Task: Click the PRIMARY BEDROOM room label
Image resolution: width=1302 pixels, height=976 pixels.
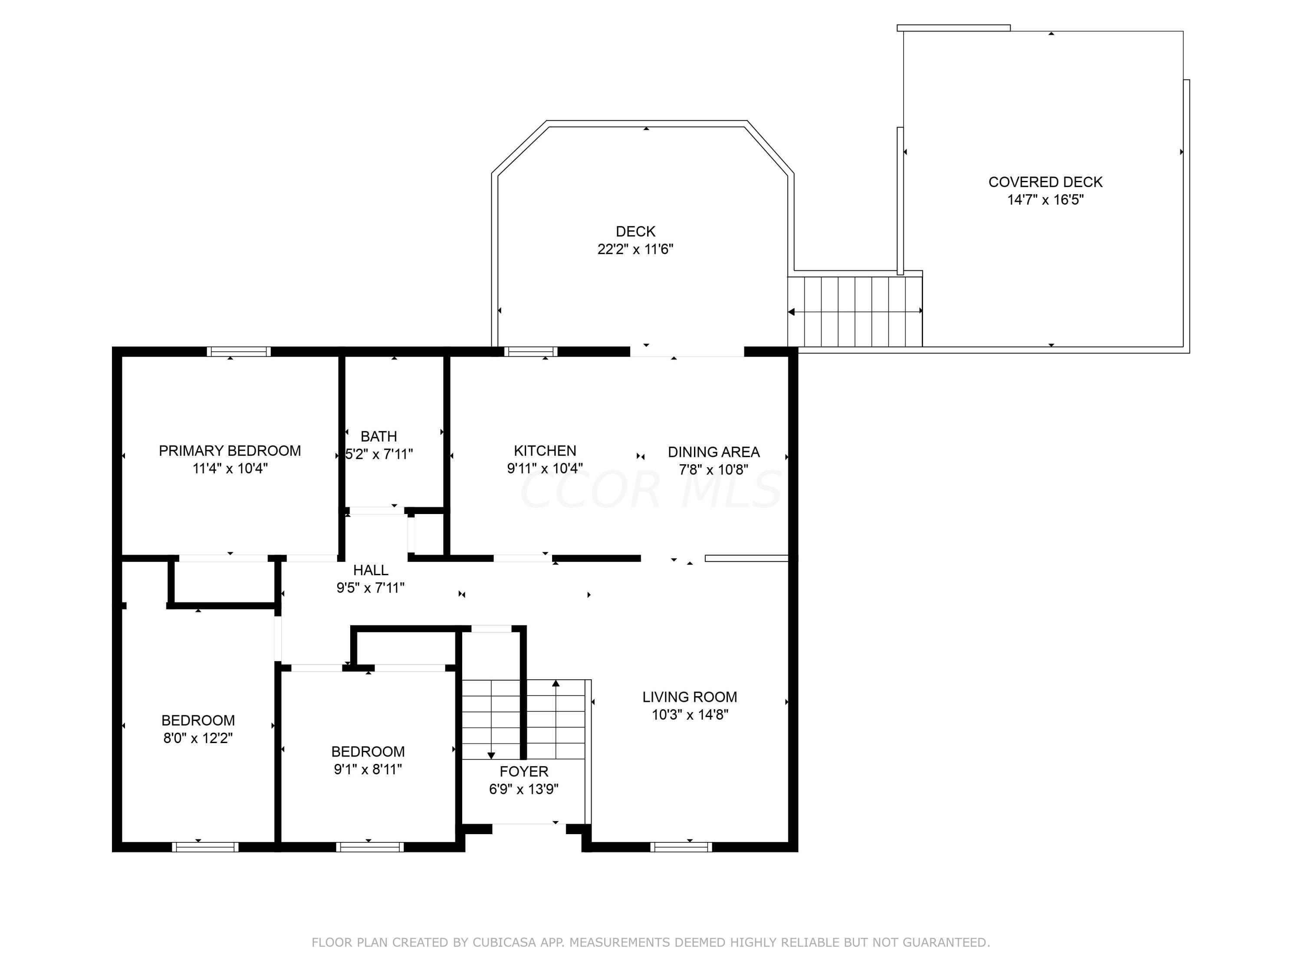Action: point(230,451)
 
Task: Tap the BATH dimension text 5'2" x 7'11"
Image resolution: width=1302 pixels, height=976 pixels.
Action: point(379,454)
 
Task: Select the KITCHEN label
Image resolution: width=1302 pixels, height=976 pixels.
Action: point(545,451)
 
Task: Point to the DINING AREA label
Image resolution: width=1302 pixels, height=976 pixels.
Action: point(713,452)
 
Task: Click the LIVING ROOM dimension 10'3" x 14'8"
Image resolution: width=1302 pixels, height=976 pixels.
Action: point(690,714)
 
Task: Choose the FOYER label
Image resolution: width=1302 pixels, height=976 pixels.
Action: point(524,771)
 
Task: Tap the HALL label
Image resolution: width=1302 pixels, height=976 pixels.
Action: point(371,570)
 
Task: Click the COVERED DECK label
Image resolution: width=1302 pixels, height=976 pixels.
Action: point(1046,182)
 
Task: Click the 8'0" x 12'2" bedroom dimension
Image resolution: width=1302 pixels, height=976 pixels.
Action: point(198,738)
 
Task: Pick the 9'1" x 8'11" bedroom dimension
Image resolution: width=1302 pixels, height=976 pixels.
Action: point(368,769)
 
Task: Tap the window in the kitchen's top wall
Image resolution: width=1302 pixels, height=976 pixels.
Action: point(531,352)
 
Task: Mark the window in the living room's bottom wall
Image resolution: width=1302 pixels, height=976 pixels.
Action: point(681,847)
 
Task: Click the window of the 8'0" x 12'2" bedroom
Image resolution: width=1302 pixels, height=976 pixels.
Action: point(205,847)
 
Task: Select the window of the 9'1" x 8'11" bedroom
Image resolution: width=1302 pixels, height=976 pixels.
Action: point(370,847)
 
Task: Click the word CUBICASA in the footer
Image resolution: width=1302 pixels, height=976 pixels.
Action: point(504,943)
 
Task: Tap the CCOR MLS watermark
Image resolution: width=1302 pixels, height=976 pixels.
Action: point(651,489)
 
